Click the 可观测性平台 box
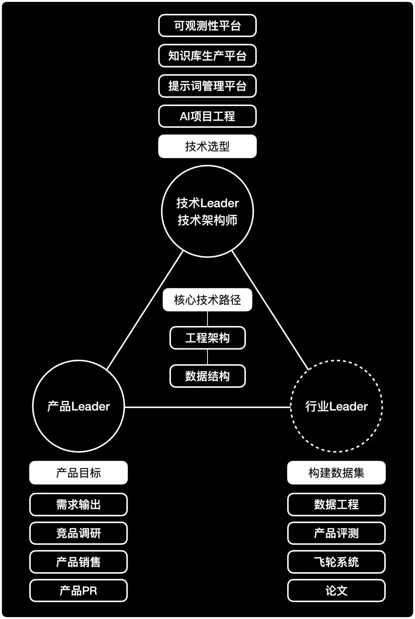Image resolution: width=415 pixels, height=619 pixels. (207, 26)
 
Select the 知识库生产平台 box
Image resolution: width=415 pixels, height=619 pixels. (207, 56)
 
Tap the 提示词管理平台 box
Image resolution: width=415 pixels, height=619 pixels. (207, 86)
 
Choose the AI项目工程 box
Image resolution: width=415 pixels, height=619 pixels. (207, 116)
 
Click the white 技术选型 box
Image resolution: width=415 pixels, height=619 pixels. (207, 146)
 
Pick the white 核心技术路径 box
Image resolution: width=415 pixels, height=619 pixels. (207, 300)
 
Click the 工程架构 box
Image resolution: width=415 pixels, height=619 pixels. (207, 338)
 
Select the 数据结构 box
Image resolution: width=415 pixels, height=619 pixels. (207, 376)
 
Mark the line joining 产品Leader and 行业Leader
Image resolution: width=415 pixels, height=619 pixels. (207, 407)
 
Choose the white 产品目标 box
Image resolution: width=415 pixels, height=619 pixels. (78, 473)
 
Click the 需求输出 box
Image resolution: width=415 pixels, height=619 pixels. (78, 504)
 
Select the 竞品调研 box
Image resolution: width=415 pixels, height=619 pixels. (78, 533)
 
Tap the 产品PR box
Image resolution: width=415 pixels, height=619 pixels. (78, 591)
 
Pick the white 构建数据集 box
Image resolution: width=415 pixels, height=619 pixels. (337, 473)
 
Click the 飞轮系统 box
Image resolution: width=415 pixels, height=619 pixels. (337, 562)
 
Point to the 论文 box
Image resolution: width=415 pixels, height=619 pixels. (337, 591)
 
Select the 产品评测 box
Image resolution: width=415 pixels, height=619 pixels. (337, 533)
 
